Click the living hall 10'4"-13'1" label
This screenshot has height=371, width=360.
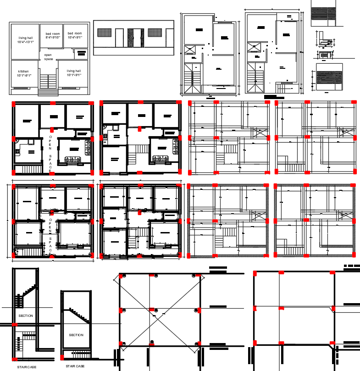pyautogui.click(x=25, y=40)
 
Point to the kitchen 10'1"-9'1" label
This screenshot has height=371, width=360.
pyautogui.click(x=24, y=73)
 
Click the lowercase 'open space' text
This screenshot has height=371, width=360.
pyautogui.click(x=48, y=57)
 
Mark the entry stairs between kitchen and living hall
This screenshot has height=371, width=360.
pyautogui.click(x=48, y=81)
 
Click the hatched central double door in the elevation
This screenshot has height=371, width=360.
pyautogui.click(x=133, y=38)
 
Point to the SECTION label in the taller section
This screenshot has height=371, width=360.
pyautogui.click(x=26, y=316)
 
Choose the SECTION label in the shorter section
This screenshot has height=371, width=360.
pyautogui.click(x=76, y=335)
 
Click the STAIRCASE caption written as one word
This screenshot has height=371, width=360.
pyautogui.click(x=27, y=367)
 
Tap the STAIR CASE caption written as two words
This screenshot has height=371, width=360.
pyautogui.click(x=75, y=366)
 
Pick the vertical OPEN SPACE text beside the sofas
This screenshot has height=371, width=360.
pyautogui.click(x=50, y=154)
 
